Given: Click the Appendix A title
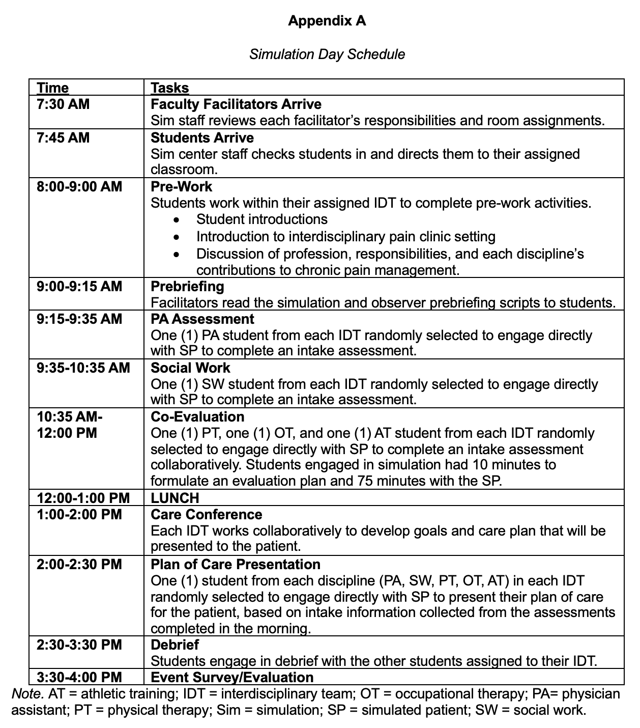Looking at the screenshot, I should pyautogui.click(x=327, y=21).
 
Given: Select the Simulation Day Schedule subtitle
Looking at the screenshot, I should pyautogui.click(x=327, y=54).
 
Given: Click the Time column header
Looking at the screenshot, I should pyautogui.click(x=52, y=88).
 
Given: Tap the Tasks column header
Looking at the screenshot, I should pyautogui.click(x=170, y=88).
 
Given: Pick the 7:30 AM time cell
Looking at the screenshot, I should pyautogui.click(x=63, y=104).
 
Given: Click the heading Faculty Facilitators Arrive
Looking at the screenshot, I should pyautogui.click(x=236, y=104).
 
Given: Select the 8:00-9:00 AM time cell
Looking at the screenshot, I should pyautogui.click(x=79, y=186).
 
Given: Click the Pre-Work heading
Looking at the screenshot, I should pyautogui.click(x=182, y=186).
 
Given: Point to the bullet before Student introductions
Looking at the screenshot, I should pyautogui.click(x=176, y=220).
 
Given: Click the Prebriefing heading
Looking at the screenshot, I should pyautogui.click(x=187, y=286).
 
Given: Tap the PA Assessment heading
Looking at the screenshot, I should pyautogui.click(x=202, y=319).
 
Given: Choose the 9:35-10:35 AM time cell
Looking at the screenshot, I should pyautogui.click(x=83, y=368).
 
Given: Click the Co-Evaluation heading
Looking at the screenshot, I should pyautogui.click(x=197, y=417).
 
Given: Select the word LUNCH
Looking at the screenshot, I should pyautogui.click(x=175, y=498).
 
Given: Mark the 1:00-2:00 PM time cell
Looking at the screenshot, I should pyautogui.click(x=79, y=515).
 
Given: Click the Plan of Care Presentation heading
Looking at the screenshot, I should pyautogui.click(x=236, y=565).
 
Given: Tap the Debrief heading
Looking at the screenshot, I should pyautogui.click(x=175, y=645).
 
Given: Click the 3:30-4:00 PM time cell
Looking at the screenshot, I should pyautogui.click(x=79, y=678).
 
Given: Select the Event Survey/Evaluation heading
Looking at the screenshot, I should pyautogui.click(x=232, y=678).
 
